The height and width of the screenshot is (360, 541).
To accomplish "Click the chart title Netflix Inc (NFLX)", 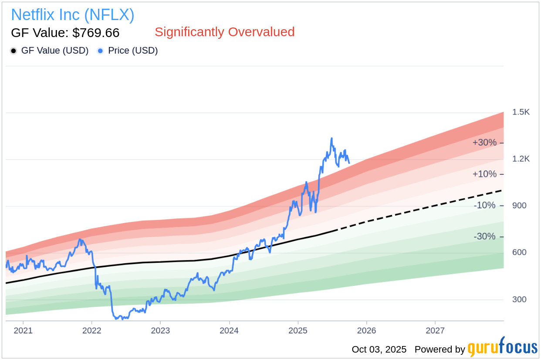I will tap(72, 15).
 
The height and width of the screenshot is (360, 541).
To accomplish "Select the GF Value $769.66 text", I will tap(65, 33).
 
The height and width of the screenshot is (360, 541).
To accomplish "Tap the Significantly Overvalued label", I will tap(224, 32).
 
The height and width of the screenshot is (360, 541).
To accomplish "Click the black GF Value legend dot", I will tap(14, 51).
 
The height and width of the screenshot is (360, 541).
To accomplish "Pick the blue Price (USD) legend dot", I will tap(101, 51).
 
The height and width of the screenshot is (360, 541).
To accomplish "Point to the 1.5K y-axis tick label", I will tap(521, 112).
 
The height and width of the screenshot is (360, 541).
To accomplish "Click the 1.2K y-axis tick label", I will tap(521, 159).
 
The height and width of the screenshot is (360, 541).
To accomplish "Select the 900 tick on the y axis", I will tap(519, 205).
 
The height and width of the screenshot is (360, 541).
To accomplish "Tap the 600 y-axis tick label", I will tap(519, 252).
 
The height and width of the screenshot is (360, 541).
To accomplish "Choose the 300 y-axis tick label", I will tap(519, 299).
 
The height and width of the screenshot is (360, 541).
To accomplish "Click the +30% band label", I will tap(484, 143).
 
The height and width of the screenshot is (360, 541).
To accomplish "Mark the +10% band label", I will tap(484, 174).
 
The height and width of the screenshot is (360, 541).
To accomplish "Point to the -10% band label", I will tap(484, 205).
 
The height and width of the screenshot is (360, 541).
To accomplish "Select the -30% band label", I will tap(484, 237).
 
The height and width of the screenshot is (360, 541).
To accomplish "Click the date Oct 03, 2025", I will tap(379, 350).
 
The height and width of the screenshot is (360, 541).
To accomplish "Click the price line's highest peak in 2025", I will tap(331, 139).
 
